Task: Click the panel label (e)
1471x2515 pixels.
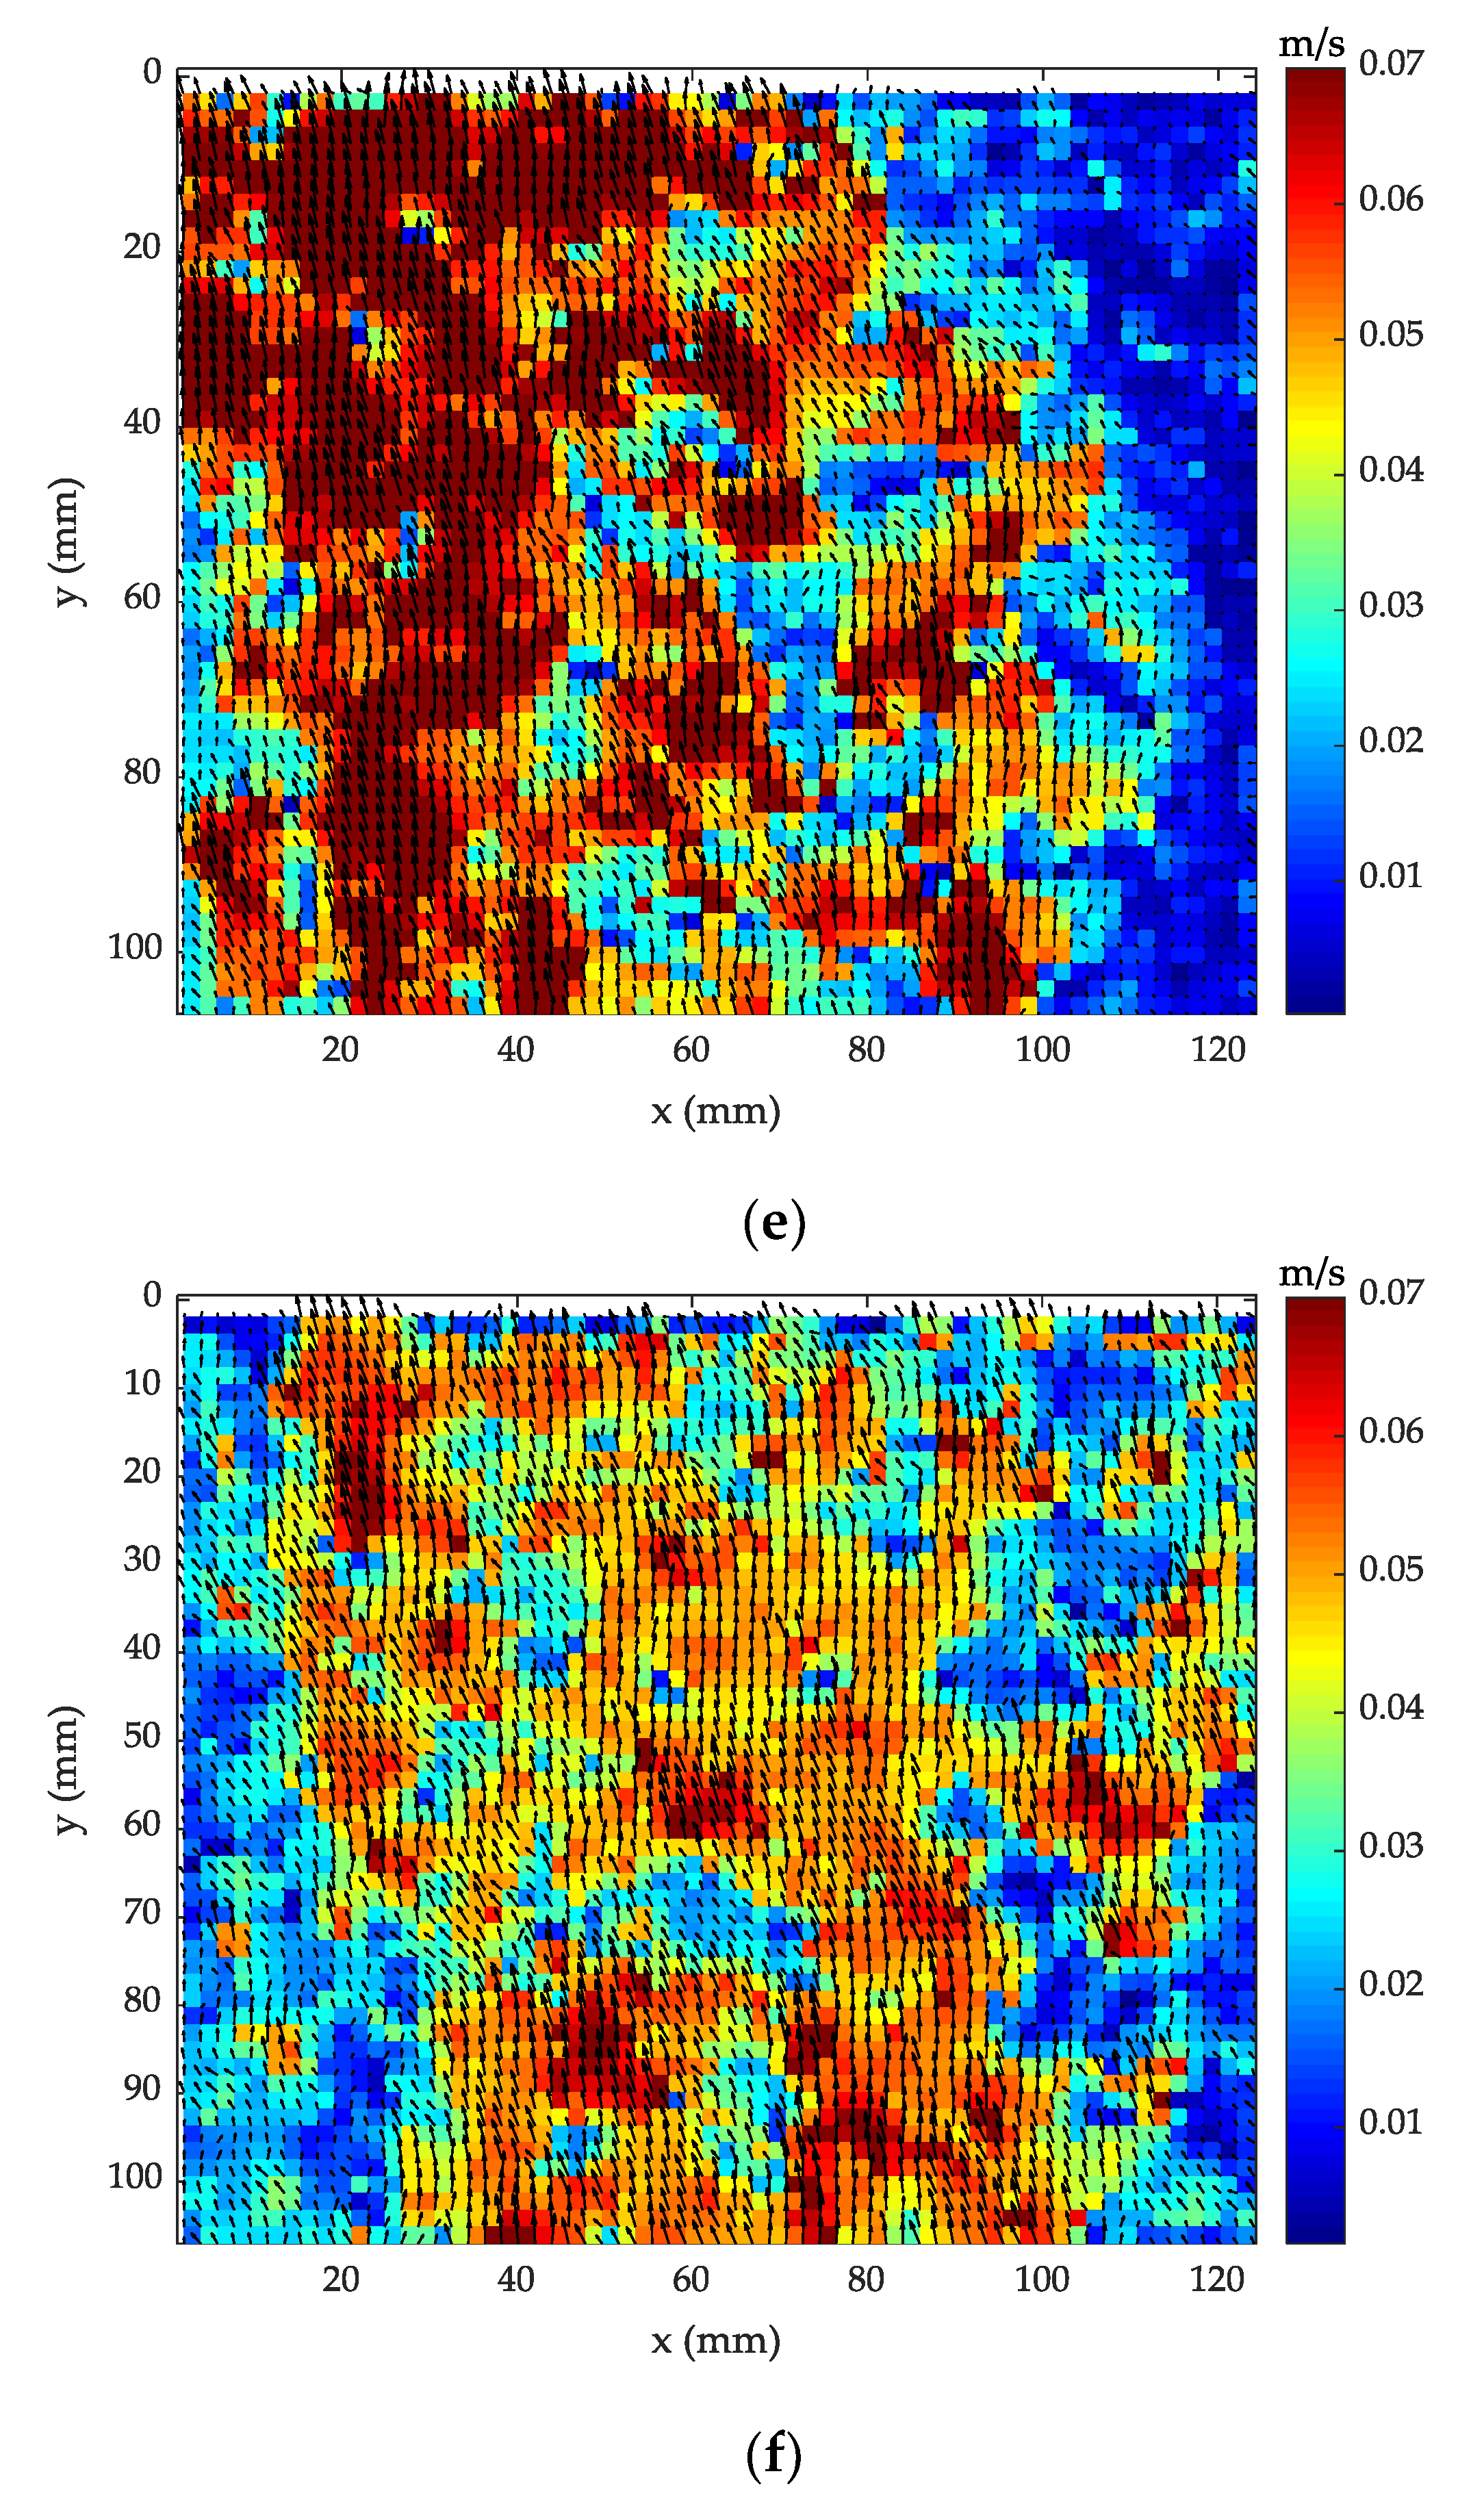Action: point(773,1223)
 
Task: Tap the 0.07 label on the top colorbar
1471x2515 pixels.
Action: point(1390,63)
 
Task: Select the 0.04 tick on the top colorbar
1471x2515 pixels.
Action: point(1390,470)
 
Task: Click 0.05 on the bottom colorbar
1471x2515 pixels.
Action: point(1390,1569)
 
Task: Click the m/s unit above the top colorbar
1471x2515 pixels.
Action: point(1312,44)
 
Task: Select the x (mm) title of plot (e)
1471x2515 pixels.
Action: point(715,1111)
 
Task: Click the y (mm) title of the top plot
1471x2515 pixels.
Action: point(66,542)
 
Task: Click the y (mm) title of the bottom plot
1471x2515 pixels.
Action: point(66,1770)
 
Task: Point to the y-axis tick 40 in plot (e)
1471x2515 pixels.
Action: point(142,422)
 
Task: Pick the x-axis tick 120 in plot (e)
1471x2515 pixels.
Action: point(1218,1050)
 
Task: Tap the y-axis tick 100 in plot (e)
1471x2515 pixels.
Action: point(133,947)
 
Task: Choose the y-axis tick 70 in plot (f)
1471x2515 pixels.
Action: point(142,1912)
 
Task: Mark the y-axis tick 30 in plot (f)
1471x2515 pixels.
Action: point(142,1559)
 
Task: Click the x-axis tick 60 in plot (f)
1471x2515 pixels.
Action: point(691,2280)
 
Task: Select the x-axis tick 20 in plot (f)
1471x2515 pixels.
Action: point(340,2280)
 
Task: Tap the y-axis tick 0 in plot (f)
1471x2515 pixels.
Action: point(152,1295)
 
